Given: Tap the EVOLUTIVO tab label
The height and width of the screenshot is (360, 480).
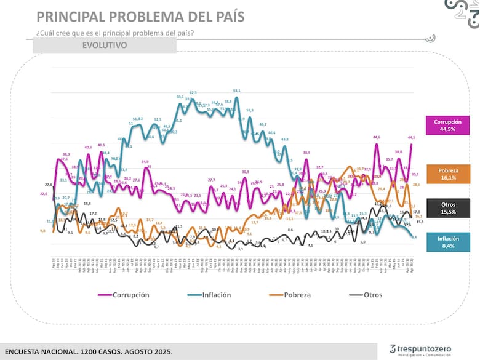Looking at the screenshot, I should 104,45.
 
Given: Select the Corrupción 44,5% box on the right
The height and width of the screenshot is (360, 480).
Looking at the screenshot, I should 447,126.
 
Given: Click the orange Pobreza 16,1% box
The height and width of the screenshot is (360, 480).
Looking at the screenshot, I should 447,173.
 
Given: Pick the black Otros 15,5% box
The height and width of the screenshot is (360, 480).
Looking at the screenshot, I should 447,207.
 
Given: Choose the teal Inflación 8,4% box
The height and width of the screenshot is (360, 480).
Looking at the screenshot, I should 447,242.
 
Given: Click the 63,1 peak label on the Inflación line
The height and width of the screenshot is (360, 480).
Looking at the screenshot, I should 237,90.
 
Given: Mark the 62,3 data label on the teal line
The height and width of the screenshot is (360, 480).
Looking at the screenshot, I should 193,92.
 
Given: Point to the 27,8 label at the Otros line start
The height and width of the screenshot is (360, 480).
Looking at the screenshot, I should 49,185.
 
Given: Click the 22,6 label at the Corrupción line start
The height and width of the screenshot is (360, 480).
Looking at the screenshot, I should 44,194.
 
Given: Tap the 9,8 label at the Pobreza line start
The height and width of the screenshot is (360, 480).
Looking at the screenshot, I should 42,230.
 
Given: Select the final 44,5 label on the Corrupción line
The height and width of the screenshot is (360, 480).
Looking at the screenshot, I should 411,137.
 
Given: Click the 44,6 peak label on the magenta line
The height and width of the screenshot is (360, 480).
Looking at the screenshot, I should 377,137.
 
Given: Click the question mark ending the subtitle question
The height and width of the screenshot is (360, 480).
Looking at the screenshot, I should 193,33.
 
